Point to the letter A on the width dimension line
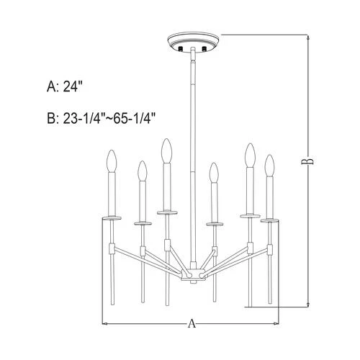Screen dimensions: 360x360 click(191, 325)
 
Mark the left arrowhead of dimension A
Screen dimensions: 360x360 click(107, 325)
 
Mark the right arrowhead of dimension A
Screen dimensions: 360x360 click(277, 325)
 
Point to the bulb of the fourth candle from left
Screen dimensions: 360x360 click(213, 174)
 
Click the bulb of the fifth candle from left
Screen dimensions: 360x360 click(249, 155)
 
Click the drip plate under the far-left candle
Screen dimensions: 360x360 click(111, 215)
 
